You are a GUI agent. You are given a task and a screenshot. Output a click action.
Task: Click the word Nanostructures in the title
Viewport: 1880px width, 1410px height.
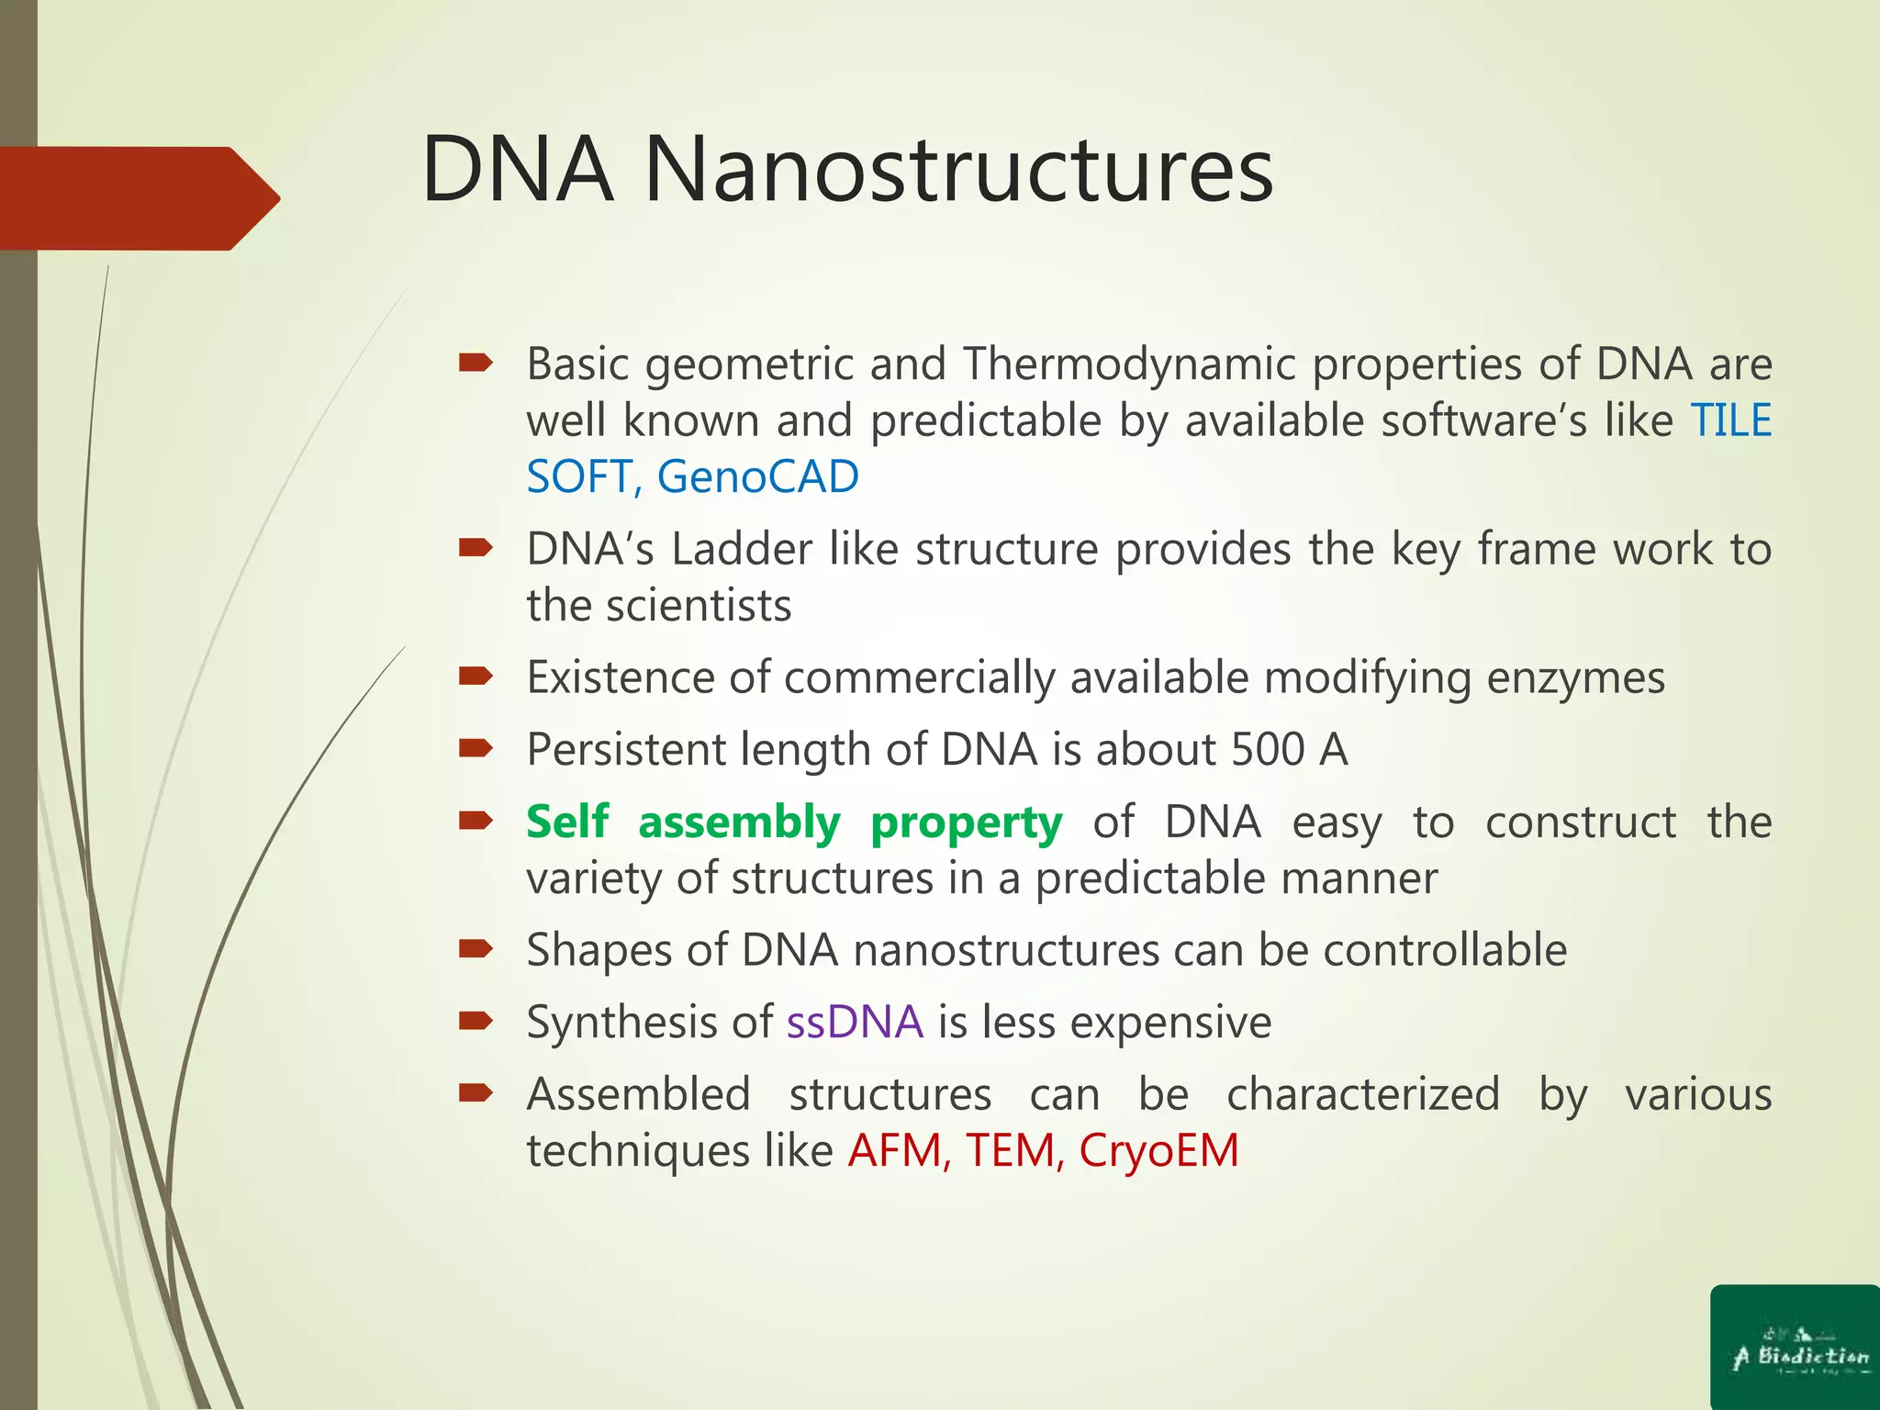pyautogui.click(x=958, y=170)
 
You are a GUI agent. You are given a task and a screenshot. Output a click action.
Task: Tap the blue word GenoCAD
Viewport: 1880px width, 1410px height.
pyautogui.click(x=757, y=476)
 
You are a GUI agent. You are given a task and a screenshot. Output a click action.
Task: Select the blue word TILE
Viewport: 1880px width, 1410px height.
pyautogui.click(x=1731, y=420)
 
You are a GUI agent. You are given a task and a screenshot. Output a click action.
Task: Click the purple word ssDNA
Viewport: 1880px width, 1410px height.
pyautogui.click(x=855, y=1022)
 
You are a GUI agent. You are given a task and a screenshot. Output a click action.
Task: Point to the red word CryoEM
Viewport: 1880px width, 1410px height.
pyautogui.click(x=1158, y=1150)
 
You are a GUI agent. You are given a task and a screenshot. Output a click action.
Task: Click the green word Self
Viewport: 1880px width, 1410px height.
pyautogui.click(x=567, y=822)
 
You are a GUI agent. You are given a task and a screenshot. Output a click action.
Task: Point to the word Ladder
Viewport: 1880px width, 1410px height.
pyautogui.click(x=741, y=549)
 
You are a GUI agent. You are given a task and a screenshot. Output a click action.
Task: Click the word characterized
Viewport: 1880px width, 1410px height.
pyautogui.click(x=1362, y=1094)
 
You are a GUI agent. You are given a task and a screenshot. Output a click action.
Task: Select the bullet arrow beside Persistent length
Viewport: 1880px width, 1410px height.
pyautogui.click(x=476, y=748)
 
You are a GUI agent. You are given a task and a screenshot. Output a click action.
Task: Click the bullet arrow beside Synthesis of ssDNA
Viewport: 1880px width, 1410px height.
pyautogui.click(x=476, y=1021)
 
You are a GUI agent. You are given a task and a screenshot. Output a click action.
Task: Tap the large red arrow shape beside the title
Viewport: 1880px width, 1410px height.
pyautogui.click(x=138, y=198)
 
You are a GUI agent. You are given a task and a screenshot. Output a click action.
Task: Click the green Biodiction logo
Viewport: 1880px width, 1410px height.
pyautogui.click(x=1795, y=1348)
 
